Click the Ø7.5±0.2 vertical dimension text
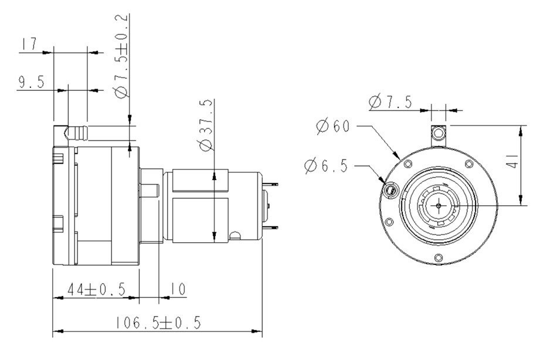[121, 56]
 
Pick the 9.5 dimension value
[32, 82]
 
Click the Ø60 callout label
[333, 126]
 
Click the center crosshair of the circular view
[439, 205]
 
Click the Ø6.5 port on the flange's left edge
[390, 189]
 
